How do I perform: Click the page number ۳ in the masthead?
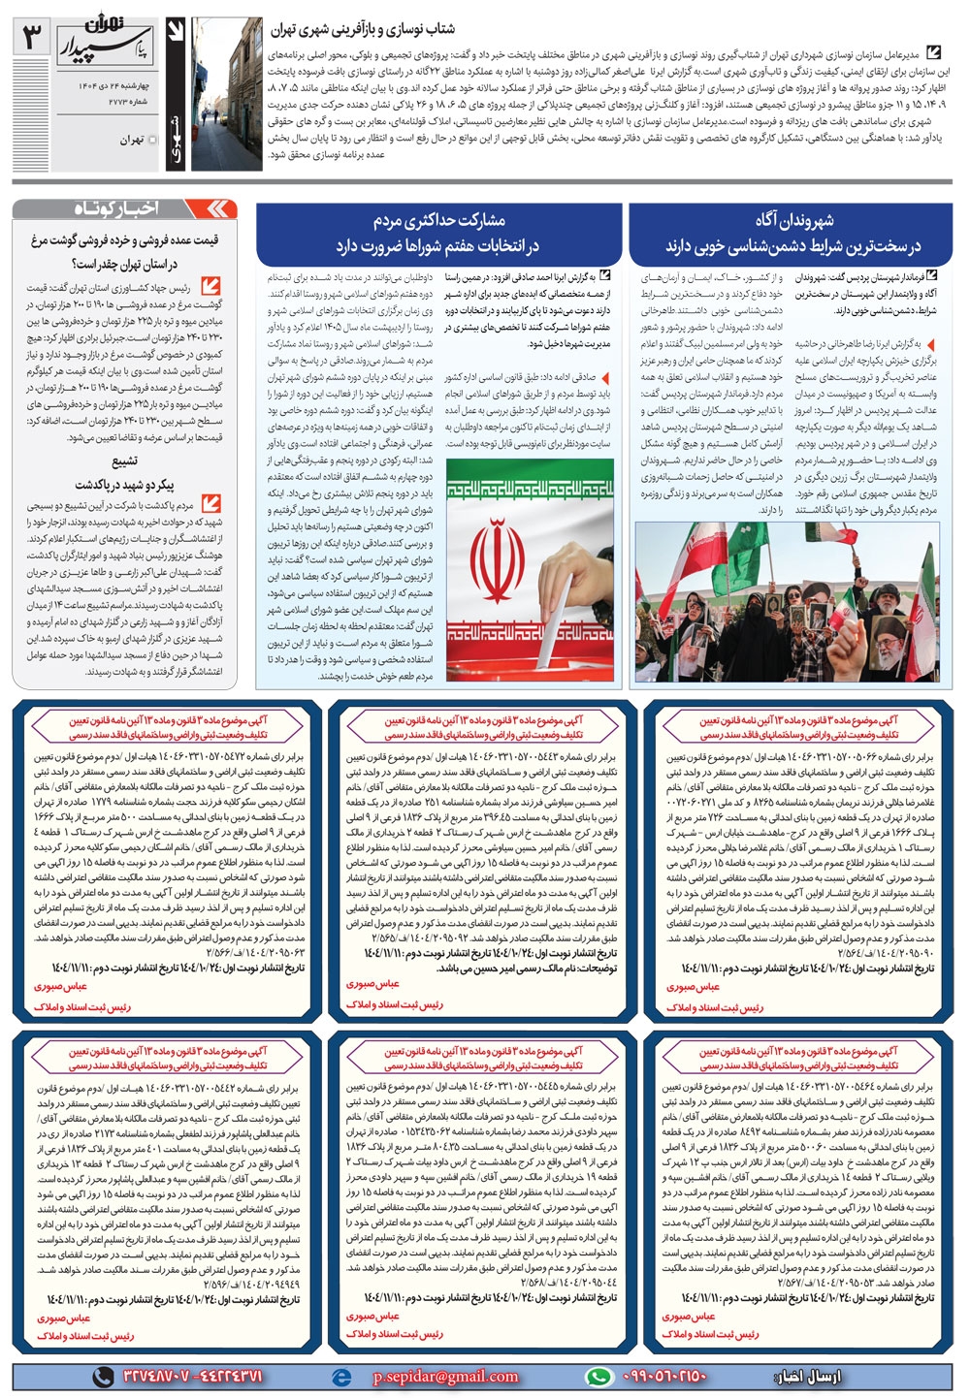[32, 38]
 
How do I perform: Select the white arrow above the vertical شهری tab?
[176, 34]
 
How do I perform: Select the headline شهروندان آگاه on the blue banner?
[793, 220]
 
